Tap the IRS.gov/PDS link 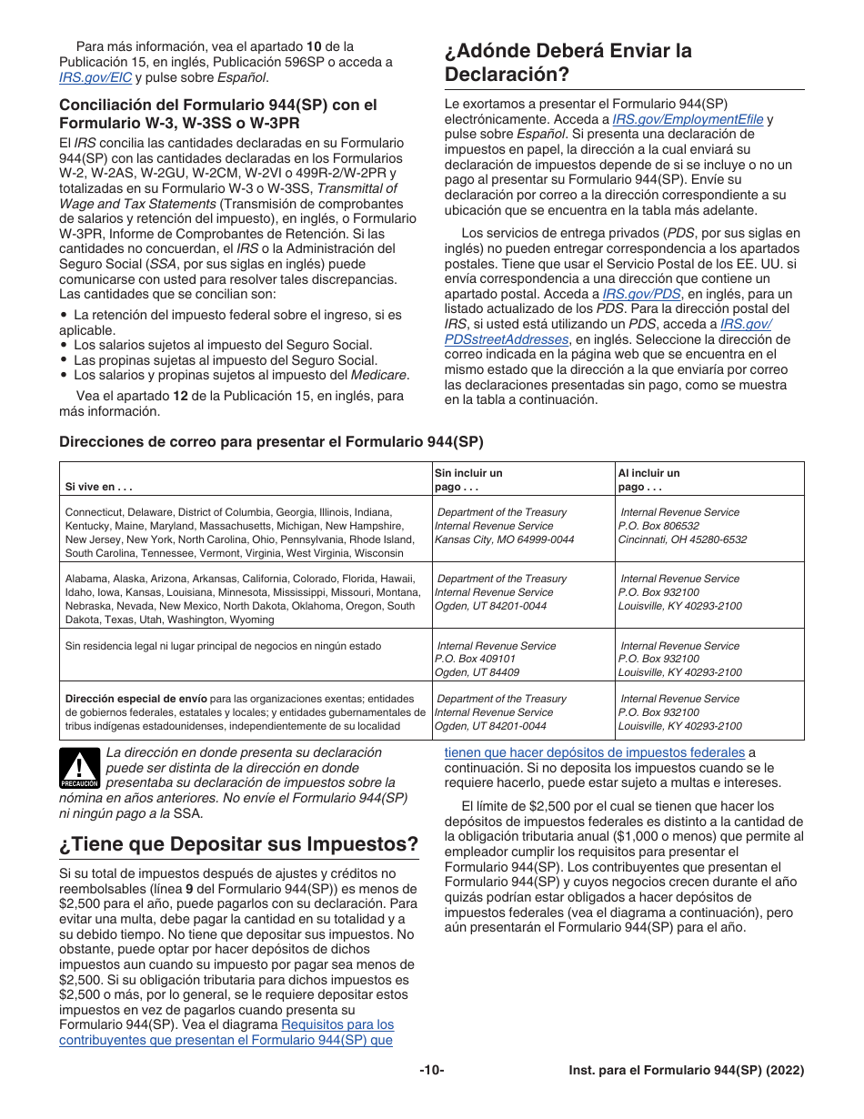coord(640,294)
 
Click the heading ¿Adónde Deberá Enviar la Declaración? coord(568,62)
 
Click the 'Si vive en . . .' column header coord(99,487)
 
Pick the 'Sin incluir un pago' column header coord(468,479)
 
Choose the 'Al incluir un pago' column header coord(648,479)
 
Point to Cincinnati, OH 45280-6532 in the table coord(682,539)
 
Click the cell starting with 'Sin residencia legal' coord(223,646)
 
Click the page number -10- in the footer coord(431,1071)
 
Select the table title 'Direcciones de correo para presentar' coord(271,442)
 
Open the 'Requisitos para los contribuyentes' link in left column coord(337,1024)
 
